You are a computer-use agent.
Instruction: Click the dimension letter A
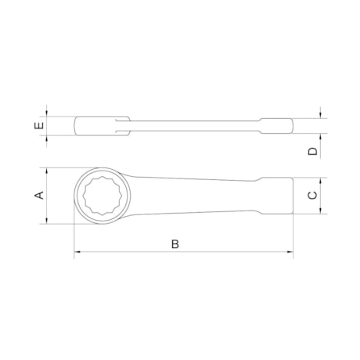[39, 196]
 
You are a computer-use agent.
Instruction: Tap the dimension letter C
[312, 196]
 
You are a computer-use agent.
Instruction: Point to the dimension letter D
[312, 150]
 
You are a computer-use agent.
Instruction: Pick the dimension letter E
[39, 125]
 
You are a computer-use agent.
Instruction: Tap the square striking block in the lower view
[275, 196]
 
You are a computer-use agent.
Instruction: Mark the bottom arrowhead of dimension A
[49, 222]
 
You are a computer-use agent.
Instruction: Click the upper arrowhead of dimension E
[49, 115]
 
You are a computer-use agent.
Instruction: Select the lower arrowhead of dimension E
[49, 137]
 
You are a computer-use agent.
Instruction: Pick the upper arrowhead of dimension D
[322, 117]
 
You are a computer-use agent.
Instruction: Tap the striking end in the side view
[278, 125]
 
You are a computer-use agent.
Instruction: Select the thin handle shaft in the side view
[188, 124]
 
